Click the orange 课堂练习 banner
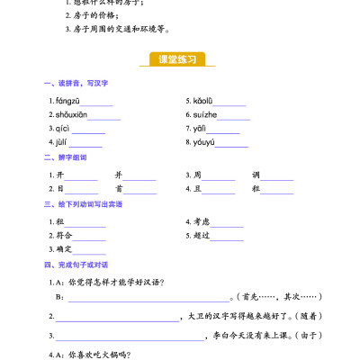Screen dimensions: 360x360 pos(180,59)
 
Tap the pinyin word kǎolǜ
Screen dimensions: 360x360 pos(202,101)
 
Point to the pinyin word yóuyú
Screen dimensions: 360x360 pos(203,142)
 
